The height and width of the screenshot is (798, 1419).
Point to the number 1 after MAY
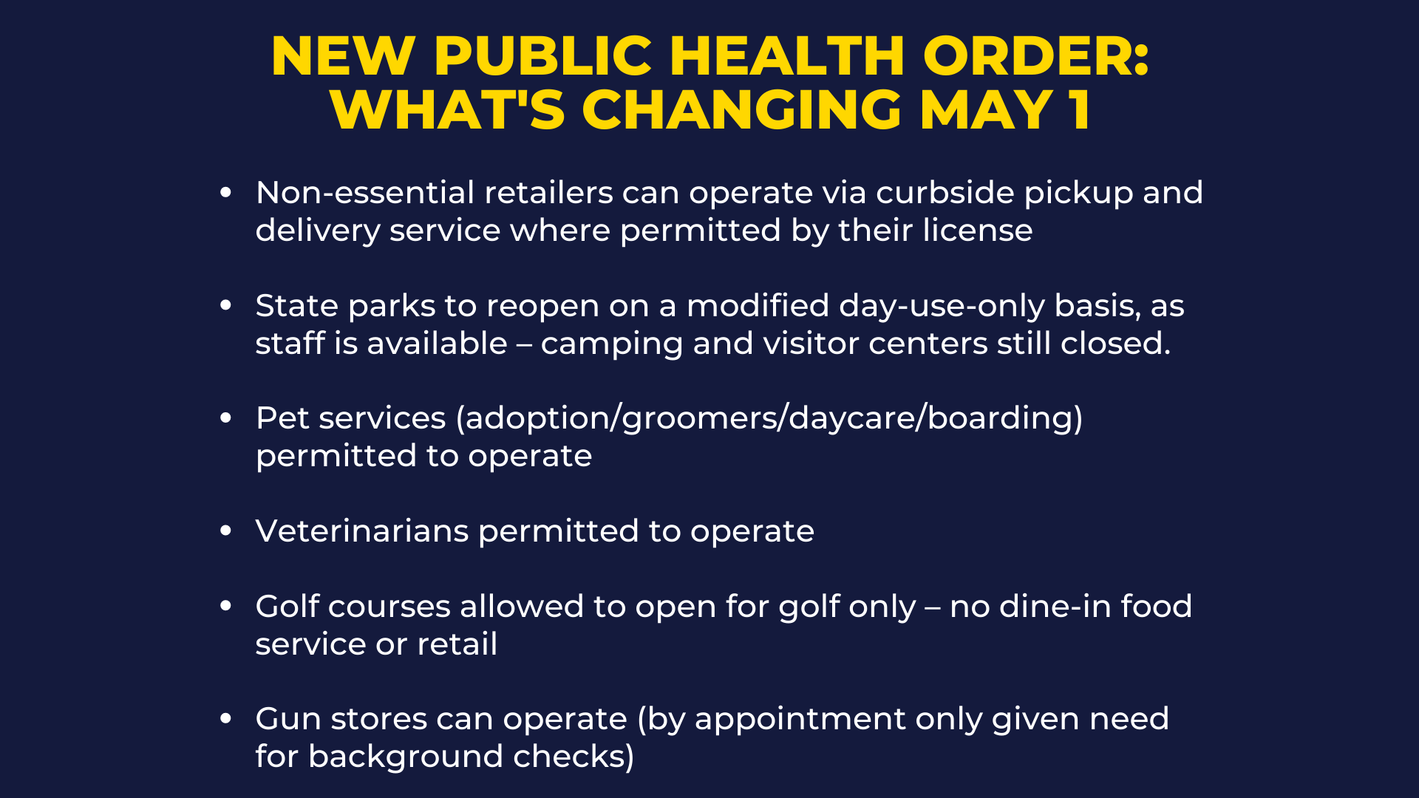(x=1079, y=110)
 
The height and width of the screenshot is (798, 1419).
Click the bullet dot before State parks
(x=226, y=305)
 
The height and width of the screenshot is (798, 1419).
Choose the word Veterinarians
(x=362, y=531)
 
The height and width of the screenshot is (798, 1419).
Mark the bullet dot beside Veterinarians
(x=226, y=531)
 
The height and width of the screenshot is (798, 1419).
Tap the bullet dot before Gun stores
(x=226, y=718)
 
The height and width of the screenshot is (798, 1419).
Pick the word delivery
(x=318, y=231)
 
